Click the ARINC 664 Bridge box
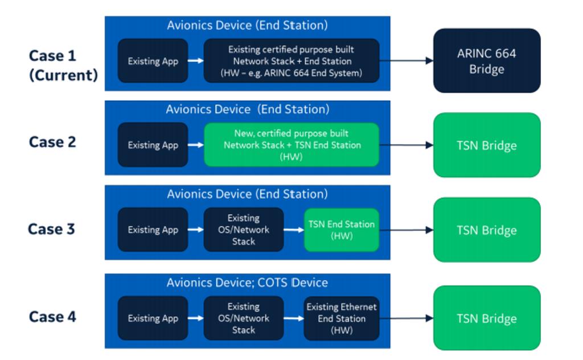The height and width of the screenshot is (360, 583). pos(487,60)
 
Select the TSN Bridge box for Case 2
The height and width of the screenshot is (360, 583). pos(487,145)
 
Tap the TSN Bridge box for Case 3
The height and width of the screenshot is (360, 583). pos(487,230)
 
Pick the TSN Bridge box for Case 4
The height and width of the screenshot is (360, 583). pos(487,318)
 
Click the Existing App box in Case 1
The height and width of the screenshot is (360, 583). pos(153,60)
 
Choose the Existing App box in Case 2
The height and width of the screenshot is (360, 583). pos(153,145)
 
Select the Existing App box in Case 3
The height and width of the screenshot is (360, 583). pos(153,230)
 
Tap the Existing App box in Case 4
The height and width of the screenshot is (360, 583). pos(153,318)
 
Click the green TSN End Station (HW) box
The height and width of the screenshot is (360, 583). pos(342,230)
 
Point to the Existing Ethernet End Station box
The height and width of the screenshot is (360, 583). pos(342,318)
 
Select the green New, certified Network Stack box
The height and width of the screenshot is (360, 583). pos(291,145)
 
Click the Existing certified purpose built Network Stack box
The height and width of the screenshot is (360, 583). pos(291,60)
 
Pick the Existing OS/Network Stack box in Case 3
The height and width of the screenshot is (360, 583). pos(244,230)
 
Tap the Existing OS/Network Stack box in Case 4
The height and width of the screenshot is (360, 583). pos(244,318)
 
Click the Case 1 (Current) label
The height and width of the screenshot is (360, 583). pos(63,66)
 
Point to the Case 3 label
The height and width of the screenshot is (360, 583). pos(52,229)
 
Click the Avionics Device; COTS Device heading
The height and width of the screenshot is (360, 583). pos(247,283)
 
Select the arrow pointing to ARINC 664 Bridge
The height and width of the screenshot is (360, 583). pos(407,60)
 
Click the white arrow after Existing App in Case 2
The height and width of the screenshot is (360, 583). pos(196,145)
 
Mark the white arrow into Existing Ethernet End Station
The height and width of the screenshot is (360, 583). pos(294,318)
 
